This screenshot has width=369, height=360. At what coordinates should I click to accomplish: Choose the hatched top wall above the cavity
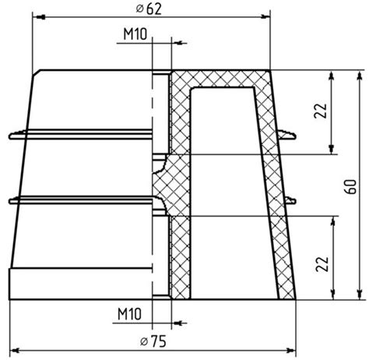(222, 79)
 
